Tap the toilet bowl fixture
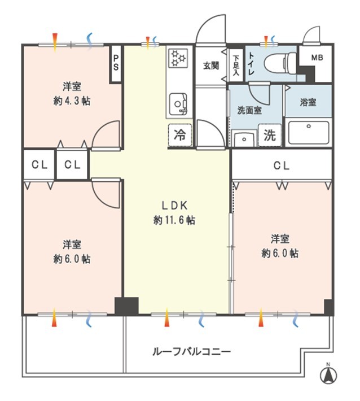point(280,62)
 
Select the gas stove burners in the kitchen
point(178,58)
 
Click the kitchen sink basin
point(178,104)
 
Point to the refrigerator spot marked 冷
point(180,135)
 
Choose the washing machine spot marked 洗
point(270,136)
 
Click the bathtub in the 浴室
point(309,133)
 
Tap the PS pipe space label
point(116,63)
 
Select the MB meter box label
point(317,58)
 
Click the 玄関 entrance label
point(211,66)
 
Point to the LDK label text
point(175,206)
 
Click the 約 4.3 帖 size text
point(72,101)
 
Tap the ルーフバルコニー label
point(192,352)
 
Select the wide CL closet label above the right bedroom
point(282,165)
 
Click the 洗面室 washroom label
point(249,110)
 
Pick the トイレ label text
point(251,63)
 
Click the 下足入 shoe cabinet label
point(236,66)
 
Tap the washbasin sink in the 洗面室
point(244,140)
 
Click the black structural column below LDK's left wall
point(126,306)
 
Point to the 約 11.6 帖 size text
point(174,220)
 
